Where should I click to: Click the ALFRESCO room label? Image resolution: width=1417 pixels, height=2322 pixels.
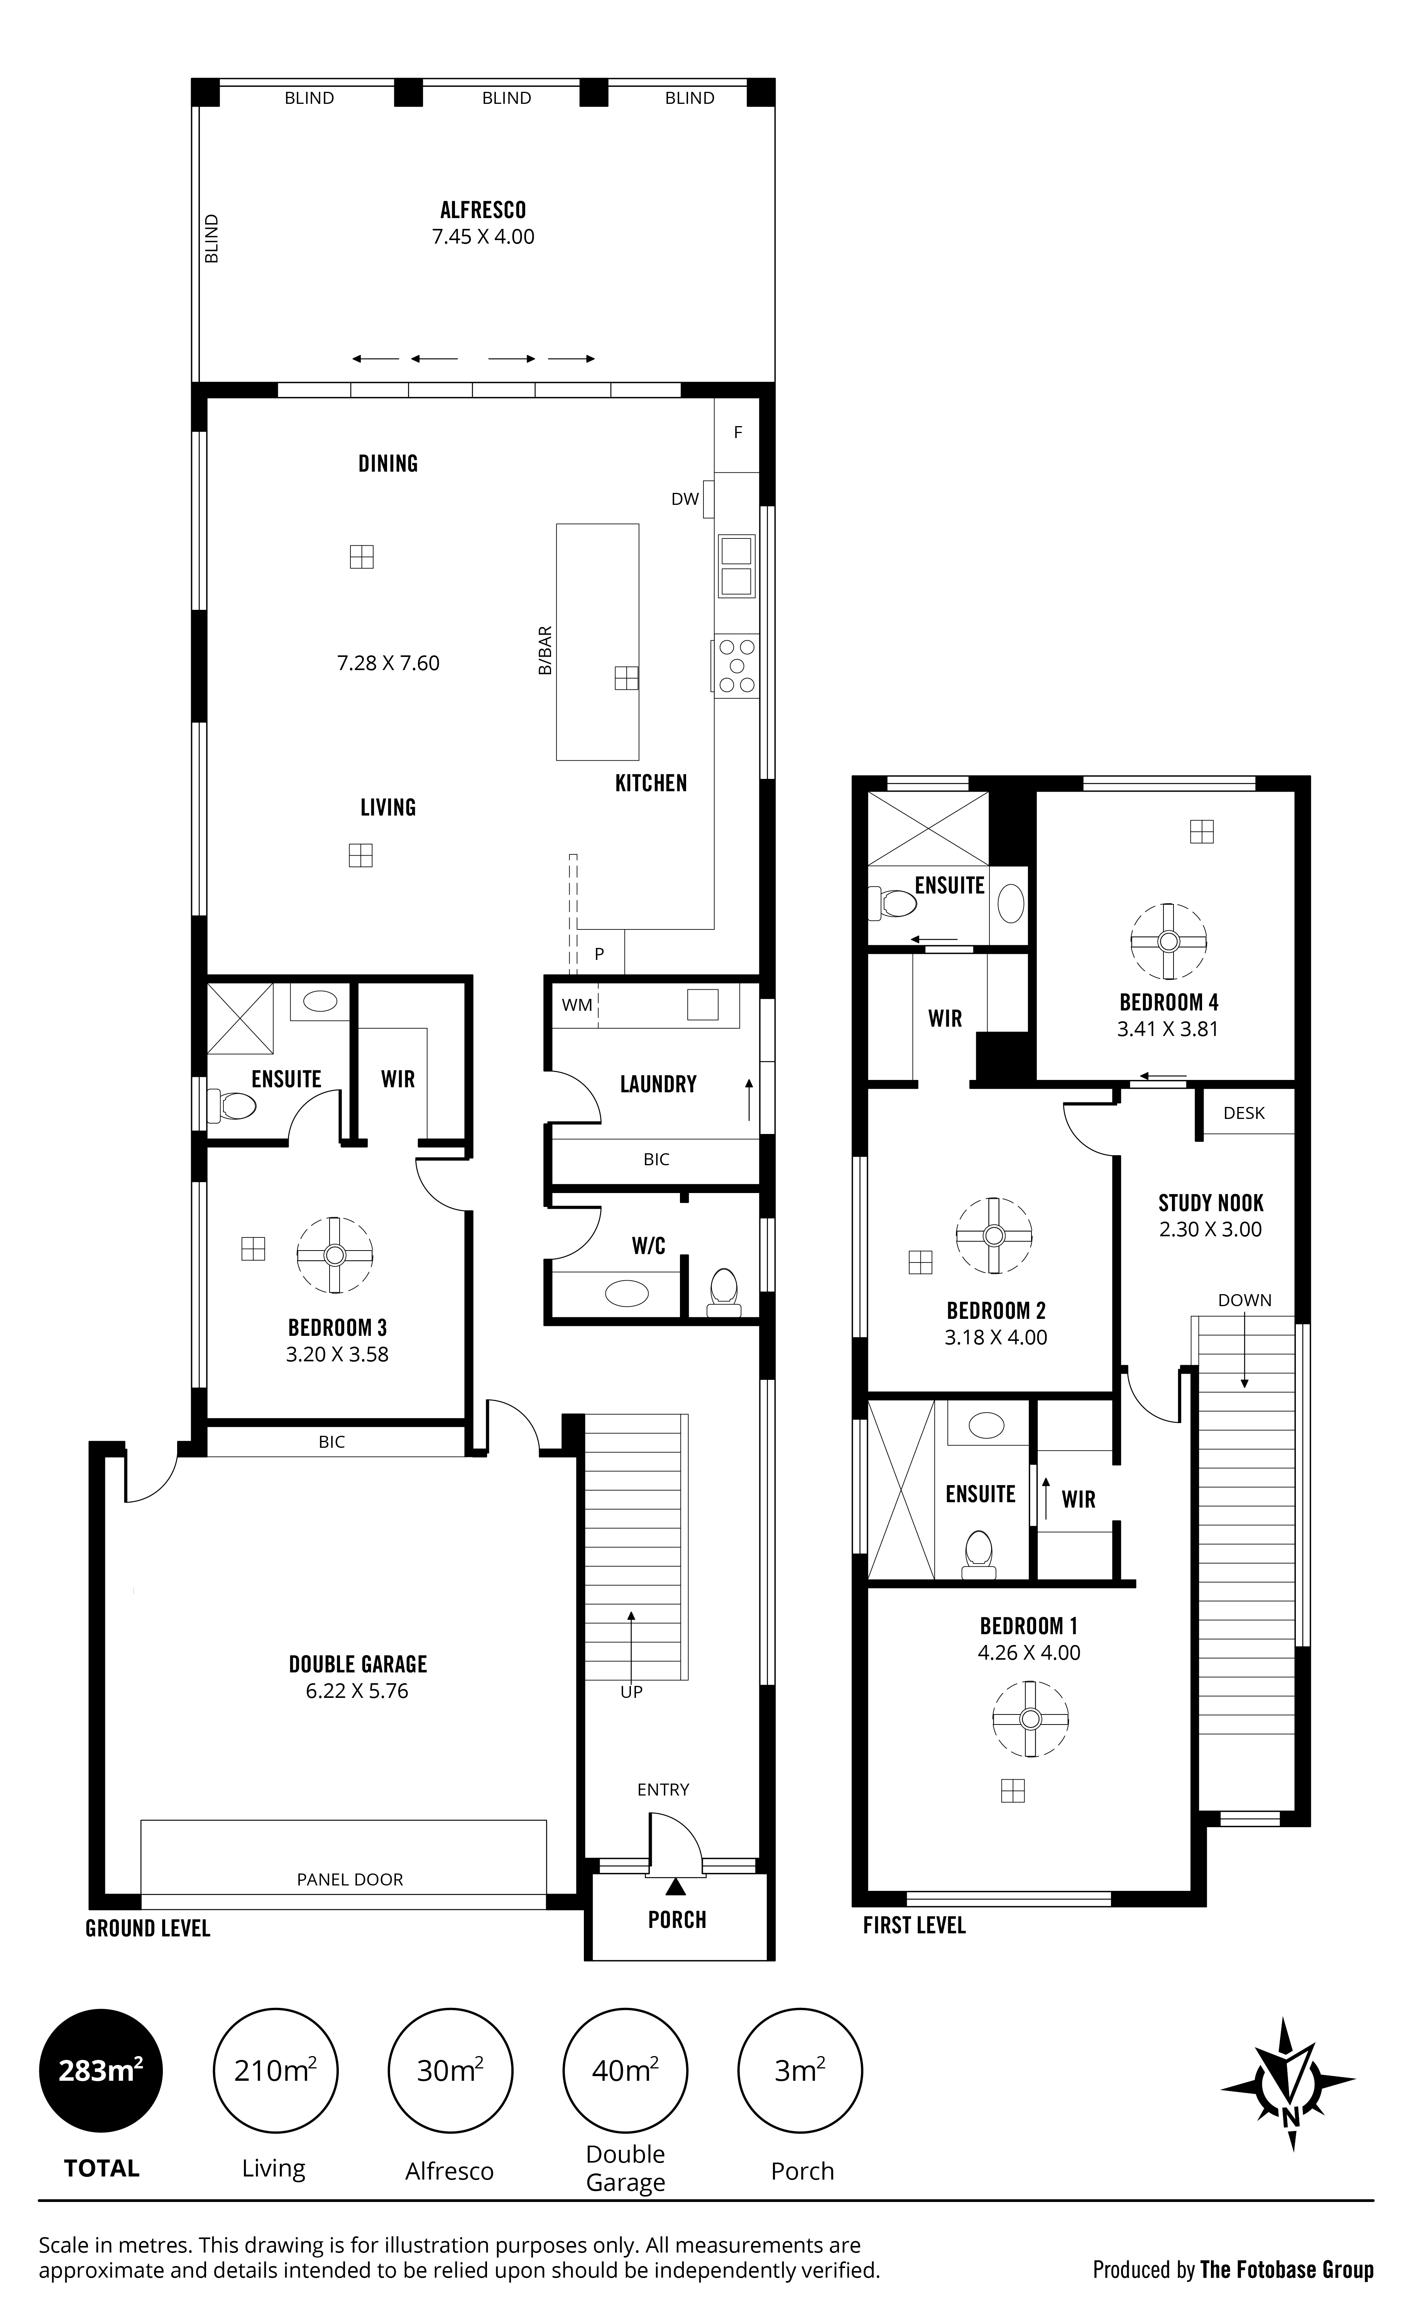(x=483, y=210)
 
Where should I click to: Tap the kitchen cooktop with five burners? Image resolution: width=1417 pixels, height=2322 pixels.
(x=735, y=666)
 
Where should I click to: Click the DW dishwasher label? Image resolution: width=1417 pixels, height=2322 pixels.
(x=685, y=499)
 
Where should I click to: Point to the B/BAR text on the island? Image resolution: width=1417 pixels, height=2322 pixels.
(x=544, y=651)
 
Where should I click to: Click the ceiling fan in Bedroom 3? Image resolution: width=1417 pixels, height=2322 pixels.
(x=335, y=1254)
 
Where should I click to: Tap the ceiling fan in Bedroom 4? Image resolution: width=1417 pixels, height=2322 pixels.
(x=1168, y=941)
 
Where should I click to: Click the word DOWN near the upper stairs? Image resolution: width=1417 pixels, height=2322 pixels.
(x=1245, y=1300)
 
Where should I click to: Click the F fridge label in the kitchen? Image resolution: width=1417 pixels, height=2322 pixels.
(x=738, y=433)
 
